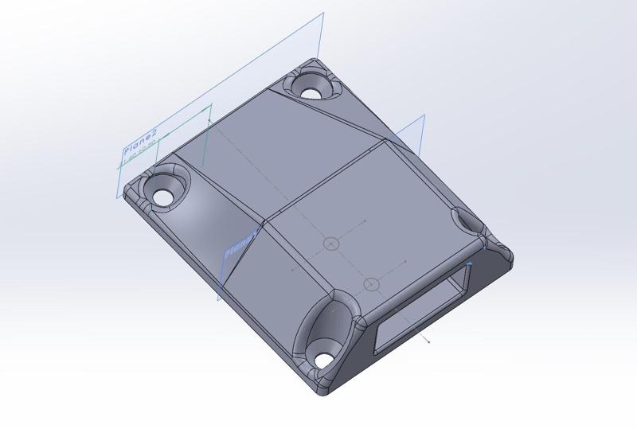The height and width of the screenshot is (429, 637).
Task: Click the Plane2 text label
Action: click(141, 149)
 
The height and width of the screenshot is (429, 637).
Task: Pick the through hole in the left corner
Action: click(162, 196)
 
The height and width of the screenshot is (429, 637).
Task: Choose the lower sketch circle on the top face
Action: click(371, 284)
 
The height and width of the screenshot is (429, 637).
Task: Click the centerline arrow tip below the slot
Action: click(430, 342)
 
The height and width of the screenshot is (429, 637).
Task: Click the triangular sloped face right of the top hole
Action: click(350, 119)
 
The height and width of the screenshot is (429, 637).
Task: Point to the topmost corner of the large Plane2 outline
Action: click(322, 13)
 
